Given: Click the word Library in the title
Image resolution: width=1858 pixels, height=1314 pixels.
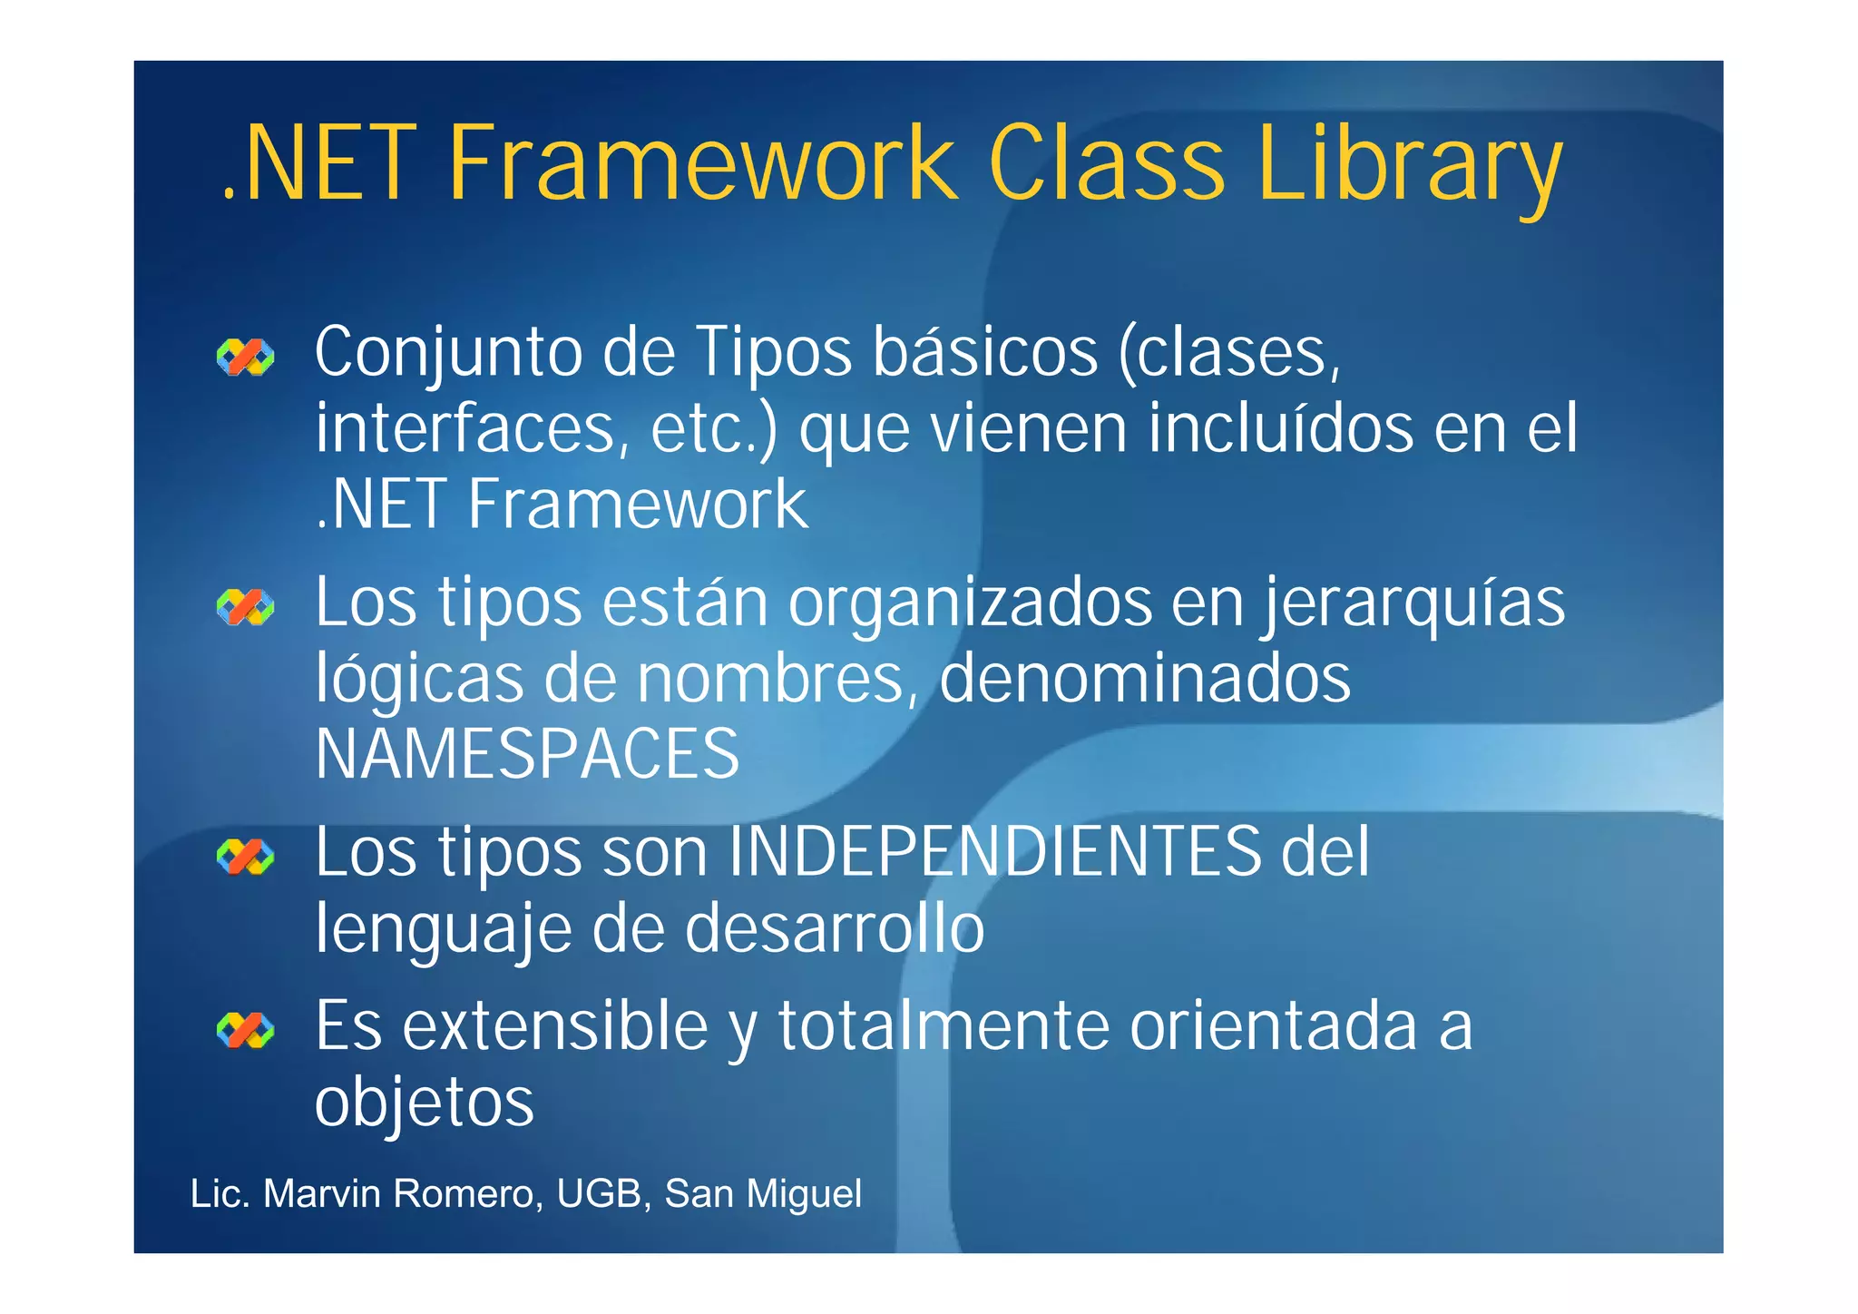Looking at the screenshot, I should pos(1410,165).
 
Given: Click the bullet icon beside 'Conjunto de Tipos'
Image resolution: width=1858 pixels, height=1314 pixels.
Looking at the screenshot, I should pos(245,358).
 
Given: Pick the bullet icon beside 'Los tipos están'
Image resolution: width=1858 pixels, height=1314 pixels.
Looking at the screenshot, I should pos(245,607).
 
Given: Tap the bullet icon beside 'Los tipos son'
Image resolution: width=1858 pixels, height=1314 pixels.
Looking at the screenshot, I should pos(245,857).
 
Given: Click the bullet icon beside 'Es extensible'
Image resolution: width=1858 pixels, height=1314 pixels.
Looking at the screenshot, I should pos(245,1030).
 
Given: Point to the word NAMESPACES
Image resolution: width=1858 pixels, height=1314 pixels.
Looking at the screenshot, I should pos(527,753).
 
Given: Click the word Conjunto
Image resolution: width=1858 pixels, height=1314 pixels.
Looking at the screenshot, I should pos(448,353).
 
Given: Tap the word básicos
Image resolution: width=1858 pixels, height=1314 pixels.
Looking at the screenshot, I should pos(985,353).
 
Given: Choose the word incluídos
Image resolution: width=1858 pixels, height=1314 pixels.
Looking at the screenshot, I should pos(1280,428).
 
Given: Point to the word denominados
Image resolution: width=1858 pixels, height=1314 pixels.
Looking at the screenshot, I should pos(1145,679).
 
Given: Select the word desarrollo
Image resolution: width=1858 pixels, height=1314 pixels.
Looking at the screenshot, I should pos(834,928).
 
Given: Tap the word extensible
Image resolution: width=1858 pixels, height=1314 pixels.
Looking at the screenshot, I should pos(555,1025).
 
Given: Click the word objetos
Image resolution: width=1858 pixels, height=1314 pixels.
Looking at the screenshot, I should pos(425,1103).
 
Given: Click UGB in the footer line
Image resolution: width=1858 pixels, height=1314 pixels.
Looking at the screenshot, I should pos(600,1194).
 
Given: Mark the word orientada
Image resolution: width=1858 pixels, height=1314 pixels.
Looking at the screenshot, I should pos(1274,1025).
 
